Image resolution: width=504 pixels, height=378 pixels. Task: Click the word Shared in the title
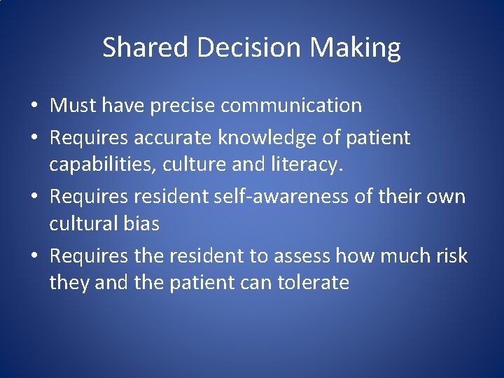click(146, 48)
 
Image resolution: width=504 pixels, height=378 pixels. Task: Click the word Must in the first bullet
click(73, 106)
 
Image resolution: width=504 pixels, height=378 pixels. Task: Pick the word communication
click(292, 106)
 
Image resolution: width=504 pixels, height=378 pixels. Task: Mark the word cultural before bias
click(83, 224)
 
